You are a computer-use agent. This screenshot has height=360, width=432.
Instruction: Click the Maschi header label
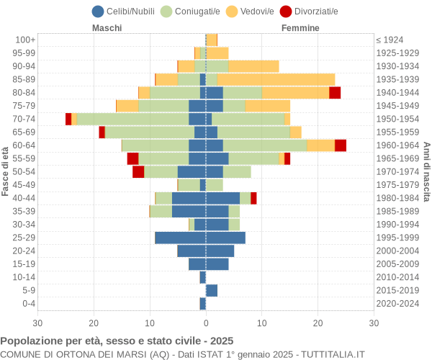pos(107,28)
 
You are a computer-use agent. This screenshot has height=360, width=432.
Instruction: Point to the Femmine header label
pos(300,28)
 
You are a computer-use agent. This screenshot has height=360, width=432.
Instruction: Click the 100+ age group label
pos(25,40)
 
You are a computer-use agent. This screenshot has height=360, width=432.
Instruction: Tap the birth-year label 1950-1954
pos(398,119)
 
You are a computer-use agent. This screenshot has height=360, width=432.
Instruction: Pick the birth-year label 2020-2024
pos(398,304)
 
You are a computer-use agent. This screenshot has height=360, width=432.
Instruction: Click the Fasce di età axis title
pos(6,171)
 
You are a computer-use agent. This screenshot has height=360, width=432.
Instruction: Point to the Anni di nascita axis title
pos(426,171)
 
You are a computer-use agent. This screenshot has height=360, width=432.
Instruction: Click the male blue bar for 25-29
pos(180,238)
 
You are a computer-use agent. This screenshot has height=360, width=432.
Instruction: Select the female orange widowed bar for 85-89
pos(276,79)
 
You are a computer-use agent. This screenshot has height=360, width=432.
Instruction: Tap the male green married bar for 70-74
pos(132,119)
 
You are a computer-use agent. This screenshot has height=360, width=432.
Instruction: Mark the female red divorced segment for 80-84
pos(335,92)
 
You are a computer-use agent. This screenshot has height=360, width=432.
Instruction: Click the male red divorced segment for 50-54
pos(138,171)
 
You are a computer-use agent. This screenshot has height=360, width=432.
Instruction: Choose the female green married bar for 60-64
pos(265,145)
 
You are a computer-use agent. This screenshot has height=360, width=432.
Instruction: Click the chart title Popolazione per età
pos(117,341)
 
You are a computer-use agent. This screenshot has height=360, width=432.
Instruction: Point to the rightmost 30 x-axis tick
pos(374,323)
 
